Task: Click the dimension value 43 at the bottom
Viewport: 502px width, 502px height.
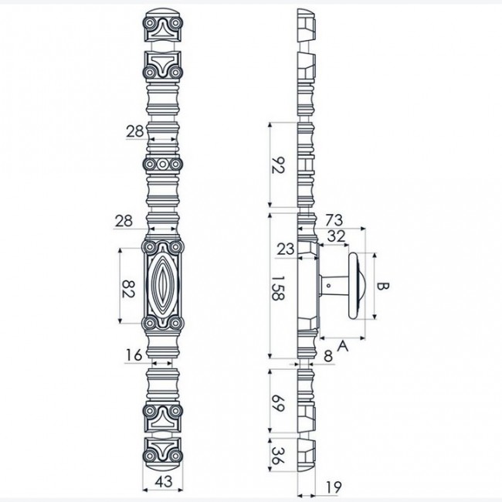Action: coord(163,481)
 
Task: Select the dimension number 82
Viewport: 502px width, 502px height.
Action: coord(128,289)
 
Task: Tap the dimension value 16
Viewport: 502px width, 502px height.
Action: coord(134,355)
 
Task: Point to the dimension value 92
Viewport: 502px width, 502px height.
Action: coord(278,165)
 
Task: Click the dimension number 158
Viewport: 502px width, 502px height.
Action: coord(278,288)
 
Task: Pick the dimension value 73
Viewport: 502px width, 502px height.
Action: coord(334,220)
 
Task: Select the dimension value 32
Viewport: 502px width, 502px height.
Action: coord(336,236)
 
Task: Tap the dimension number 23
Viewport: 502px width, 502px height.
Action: coord(285,249)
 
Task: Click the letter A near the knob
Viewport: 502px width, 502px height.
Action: coord(343,346)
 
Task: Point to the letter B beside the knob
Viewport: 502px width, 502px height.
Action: coord(382,286)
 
